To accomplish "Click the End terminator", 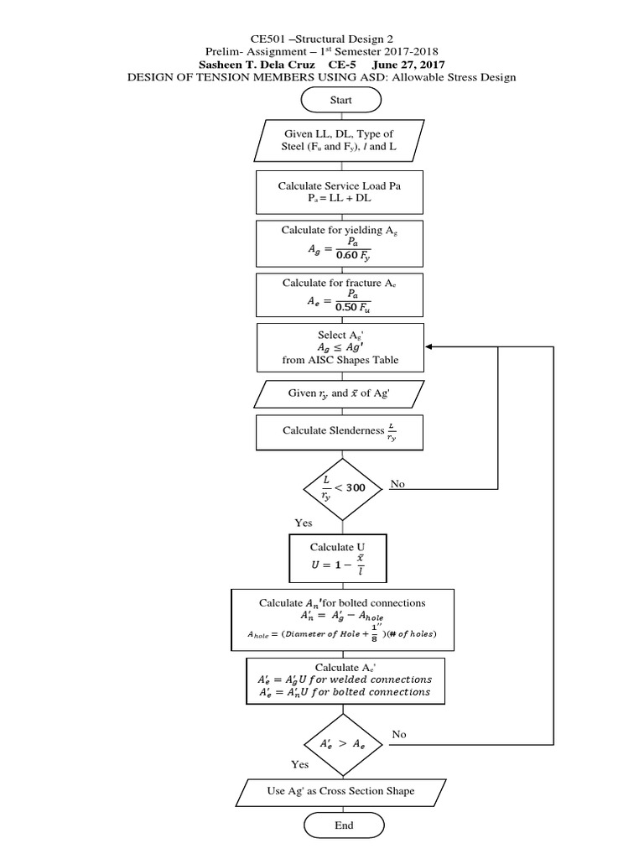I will (344, 825).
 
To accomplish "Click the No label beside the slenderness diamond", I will (397, 484).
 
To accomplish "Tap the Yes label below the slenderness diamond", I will (304, 523).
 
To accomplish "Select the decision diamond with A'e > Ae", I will (344, 742).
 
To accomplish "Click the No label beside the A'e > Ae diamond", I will (399, 734).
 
